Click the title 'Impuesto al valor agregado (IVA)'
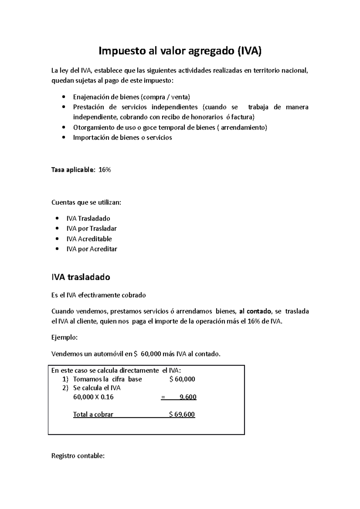pos(180,51)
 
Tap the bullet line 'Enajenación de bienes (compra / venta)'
pos(131,97)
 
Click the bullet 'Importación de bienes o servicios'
pos(122,138)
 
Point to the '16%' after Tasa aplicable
pos(105,170)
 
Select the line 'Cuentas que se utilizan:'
pos(86,203)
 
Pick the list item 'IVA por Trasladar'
pos(91,229)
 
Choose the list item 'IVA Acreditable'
pos(89,239)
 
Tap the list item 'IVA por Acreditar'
pos(91,249)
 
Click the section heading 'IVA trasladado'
pos(81,277)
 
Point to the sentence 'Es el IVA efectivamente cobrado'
pos(98,295)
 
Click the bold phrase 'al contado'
pos(255,311)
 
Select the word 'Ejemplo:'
pos(64,338)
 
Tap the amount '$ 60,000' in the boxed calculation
pos(182,379)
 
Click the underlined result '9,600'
pos(188,397)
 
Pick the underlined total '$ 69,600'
pos(182,415)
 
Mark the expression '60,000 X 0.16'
pos(93,397)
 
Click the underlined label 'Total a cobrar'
pos(93,415)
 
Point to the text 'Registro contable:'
pos(78,456)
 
